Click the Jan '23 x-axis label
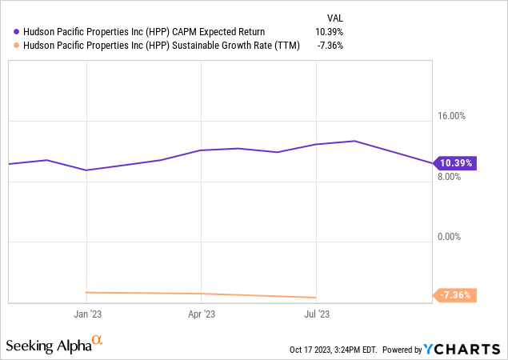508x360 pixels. point(86,314)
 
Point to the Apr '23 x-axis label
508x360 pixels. point(203,314)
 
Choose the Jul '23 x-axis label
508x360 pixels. point(317,314)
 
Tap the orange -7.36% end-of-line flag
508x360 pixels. point(457,295)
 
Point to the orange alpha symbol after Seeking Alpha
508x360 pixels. point(98,342)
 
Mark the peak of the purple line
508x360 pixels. point(354,141)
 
